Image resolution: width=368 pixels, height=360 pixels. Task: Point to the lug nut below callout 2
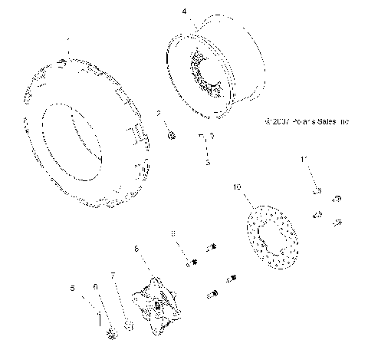coord(171,136)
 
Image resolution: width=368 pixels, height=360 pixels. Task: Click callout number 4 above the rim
coord(183,12)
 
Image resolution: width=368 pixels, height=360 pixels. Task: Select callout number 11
coord(304,159)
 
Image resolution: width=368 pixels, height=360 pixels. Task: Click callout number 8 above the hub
coord(136,249)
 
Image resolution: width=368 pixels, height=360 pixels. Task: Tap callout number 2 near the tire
coord(159,114)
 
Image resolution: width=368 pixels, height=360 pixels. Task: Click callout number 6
coord(96,286)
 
